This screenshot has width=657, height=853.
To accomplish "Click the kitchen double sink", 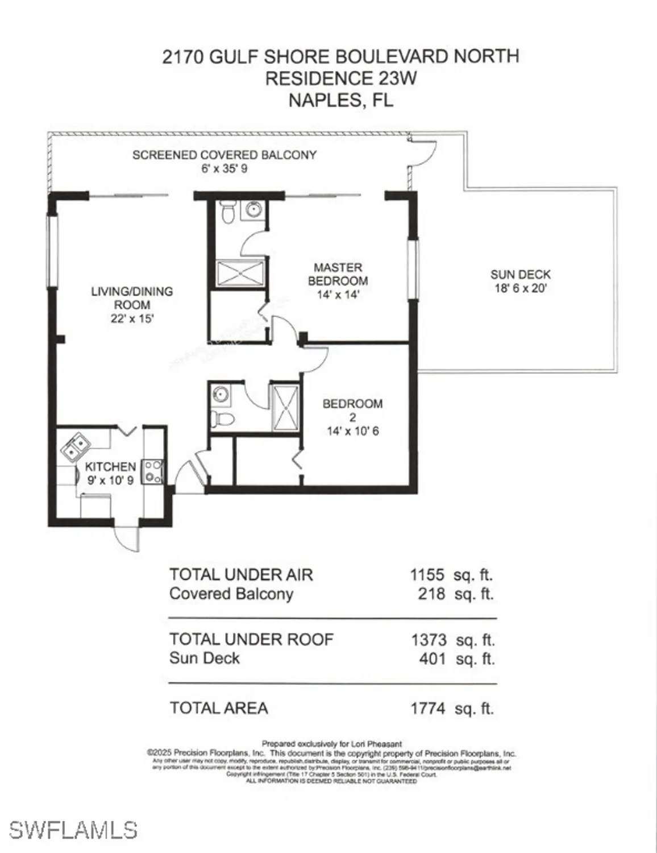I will (75, 447).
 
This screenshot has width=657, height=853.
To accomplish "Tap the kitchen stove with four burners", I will (153, 471).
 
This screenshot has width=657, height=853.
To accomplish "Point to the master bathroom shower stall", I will (240, 273).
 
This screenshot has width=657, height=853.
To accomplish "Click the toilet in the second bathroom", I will (223, 420).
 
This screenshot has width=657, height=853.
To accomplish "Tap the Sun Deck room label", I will (521, 275).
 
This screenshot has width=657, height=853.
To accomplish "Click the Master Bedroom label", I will (338, 274).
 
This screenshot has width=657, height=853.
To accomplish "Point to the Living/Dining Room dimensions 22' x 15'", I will (132, 318).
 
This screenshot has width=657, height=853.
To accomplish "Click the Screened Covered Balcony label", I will (224, 155).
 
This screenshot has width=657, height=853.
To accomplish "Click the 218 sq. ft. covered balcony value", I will (431, 594).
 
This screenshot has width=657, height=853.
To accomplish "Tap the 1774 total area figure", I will (428, 709).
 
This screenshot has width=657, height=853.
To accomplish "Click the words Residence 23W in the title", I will (341, 78).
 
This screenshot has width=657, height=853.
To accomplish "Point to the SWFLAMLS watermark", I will (73, 830).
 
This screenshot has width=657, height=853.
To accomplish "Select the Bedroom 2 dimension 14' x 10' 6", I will (352, 431).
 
